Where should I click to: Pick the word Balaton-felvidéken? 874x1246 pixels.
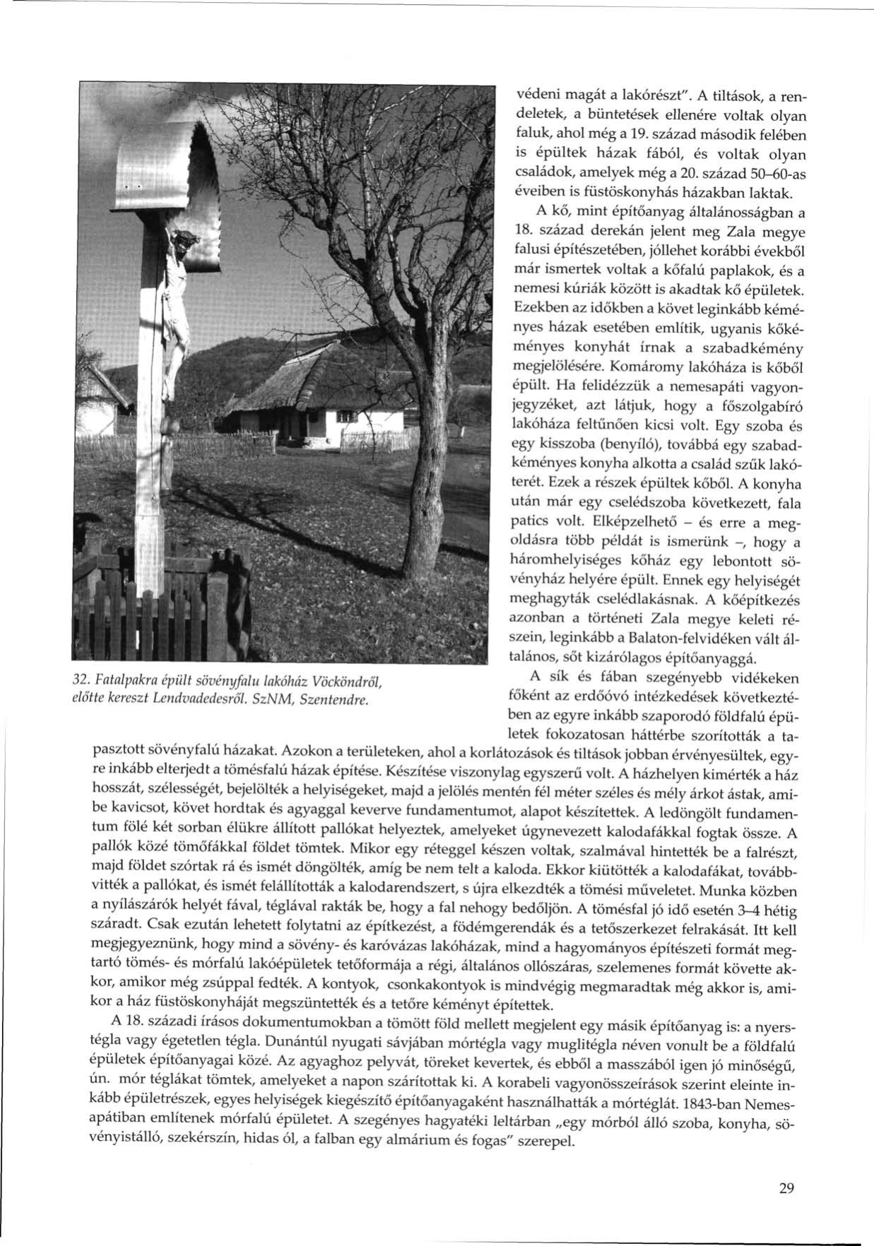[x=684, y=639]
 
